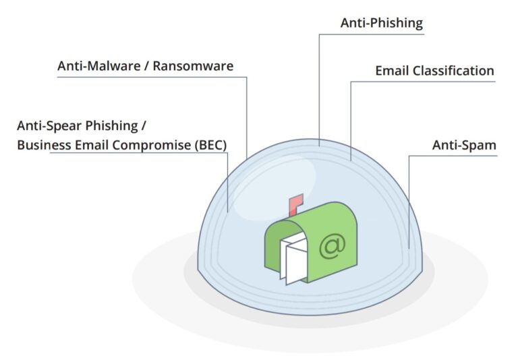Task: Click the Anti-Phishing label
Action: click(381, 24)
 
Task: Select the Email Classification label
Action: click(434, 71)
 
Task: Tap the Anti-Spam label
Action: click(464, 145)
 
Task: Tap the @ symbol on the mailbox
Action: click(332, 245)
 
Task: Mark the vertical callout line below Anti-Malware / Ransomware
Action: click(247, 115)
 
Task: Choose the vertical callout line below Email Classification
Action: click(350, 121)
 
